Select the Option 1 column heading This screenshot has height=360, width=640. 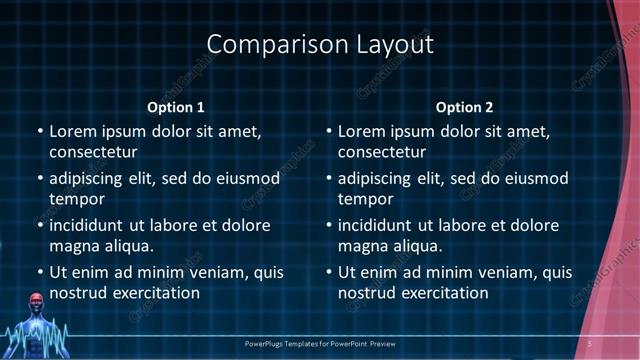pyautogui.click(x=176, y=107)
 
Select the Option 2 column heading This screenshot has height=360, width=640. pyautogui.click(x=465, y=107)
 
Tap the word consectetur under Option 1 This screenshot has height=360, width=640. pyautogui.click(x=93, y=152)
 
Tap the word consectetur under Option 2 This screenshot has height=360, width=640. pyautogui.click(x=382, y=152)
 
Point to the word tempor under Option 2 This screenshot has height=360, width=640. pyautogui.click(x=366, y=199)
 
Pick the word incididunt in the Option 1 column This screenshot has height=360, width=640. pyautogui.click(x=92, y=226)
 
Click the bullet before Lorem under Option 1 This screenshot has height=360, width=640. pyautogui.click(x=40, y=132)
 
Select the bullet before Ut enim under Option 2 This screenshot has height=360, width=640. pyautogui.click(x=329, y=273)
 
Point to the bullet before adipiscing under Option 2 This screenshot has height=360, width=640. pyautogui.click(x=329, y=179)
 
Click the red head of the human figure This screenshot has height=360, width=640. pyautogui.click(x=37, y=301)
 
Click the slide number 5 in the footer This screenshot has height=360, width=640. pyautogui.click(x=590, y=344)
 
